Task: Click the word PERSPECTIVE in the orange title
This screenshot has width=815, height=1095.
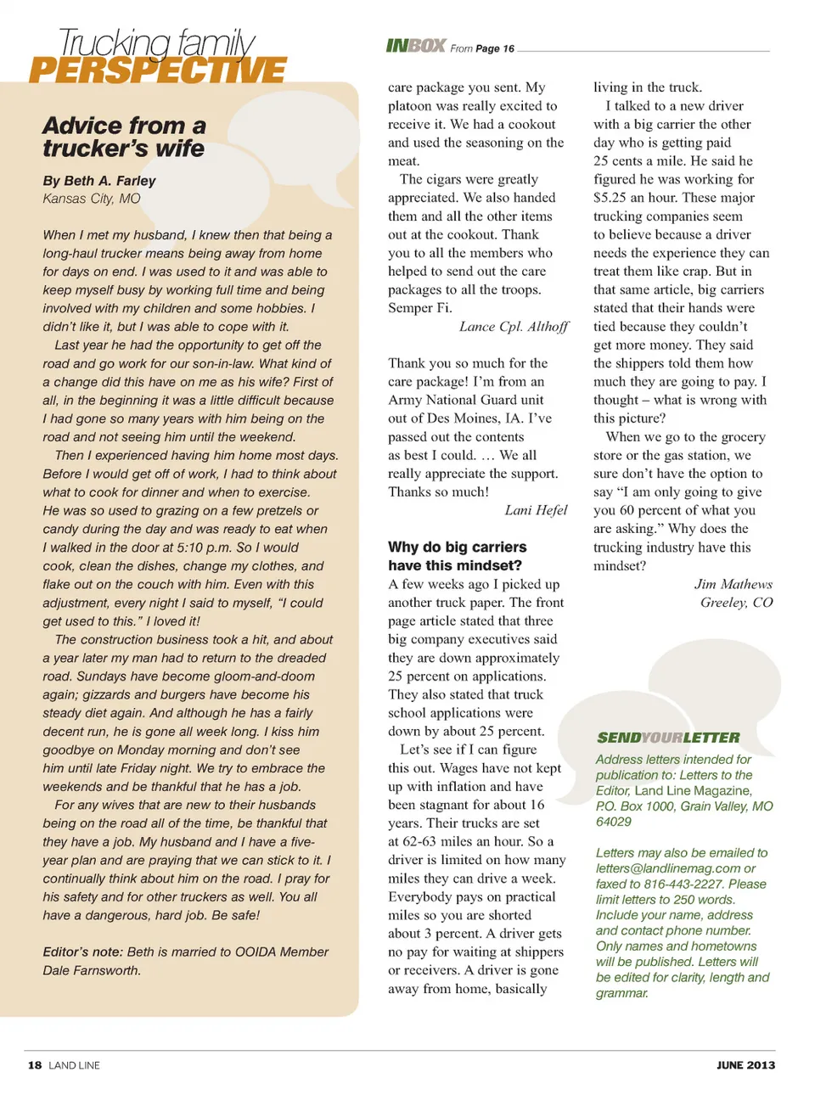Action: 158,70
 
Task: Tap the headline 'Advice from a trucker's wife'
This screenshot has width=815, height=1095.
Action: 124,138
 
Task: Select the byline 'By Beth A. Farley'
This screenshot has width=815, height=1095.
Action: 99,181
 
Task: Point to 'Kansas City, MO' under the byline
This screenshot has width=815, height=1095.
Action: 92,199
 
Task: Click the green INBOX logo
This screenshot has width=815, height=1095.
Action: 416,46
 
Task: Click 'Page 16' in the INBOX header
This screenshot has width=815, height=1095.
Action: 495,49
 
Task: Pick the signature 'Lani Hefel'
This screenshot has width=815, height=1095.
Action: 536,510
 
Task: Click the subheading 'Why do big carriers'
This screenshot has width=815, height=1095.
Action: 457,547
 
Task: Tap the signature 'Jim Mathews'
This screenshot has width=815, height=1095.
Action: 733,584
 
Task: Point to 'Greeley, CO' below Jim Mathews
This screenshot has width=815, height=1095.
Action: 736,603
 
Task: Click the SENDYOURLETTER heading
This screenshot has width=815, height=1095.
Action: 668,738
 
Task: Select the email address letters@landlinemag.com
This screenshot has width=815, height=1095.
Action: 667,868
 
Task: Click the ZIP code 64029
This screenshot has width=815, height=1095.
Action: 614,822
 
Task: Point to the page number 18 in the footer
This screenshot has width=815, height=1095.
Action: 35,1065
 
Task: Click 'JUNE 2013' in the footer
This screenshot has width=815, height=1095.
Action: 745,1065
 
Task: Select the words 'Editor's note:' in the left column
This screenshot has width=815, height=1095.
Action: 82,952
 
